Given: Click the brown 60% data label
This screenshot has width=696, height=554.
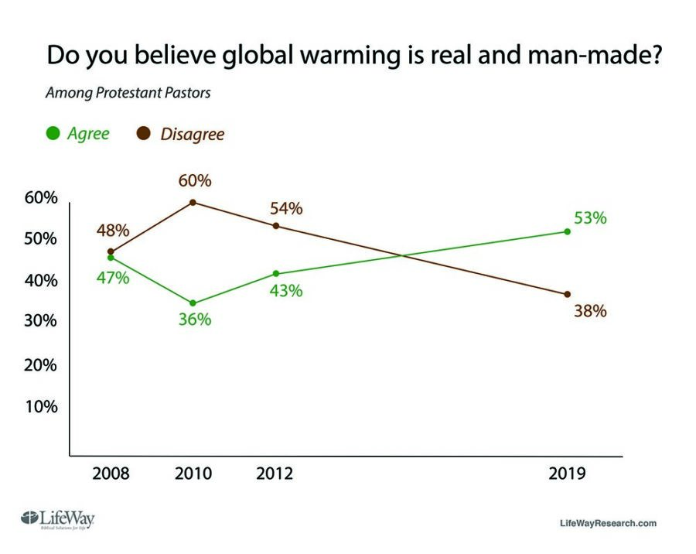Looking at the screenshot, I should pos(194,181).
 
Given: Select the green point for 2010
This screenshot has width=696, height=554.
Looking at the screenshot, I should pos(193,303).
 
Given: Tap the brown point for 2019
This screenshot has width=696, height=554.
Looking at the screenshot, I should pos(568,294).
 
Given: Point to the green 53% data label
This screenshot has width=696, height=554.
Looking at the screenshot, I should pos(590,218).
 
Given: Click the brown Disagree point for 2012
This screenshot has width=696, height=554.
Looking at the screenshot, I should pos(275,226).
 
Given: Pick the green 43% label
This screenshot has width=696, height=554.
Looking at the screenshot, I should pos(286,292).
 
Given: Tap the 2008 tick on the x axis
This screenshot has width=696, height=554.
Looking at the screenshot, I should pos(111,474).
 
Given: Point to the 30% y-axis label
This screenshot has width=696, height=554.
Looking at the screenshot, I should pos(41,322).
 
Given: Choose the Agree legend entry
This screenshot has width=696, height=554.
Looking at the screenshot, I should pos(77,133).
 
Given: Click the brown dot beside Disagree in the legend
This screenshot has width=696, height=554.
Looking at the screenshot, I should pos(144,134).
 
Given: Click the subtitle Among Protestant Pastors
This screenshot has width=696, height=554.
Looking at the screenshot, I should pos(128,94).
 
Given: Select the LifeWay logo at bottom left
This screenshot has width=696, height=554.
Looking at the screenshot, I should pos(58,519).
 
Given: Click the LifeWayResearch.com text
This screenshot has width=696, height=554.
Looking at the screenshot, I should pos(608,523).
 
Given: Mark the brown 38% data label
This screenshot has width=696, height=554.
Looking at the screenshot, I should pos(590,312).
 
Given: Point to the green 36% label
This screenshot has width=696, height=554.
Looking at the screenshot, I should pos(194,320).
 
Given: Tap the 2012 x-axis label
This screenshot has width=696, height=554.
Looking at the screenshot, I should pos(275,474).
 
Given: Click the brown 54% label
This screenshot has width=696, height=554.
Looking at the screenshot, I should pos(286,209).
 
